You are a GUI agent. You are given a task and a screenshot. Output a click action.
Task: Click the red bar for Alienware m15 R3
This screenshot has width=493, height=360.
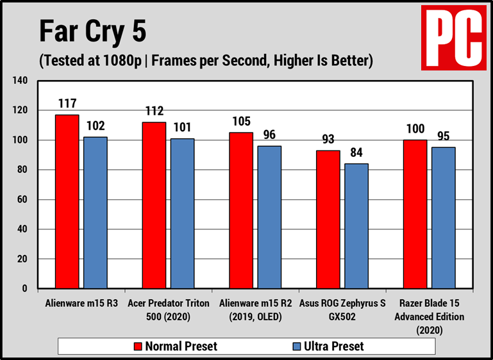[67, 201]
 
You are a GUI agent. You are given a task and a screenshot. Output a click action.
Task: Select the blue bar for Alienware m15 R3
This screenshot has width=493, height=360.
[96, 213]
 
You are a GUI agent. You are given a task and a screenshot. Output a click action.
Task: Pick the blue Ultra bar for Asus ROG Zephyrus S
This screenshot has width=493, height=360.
[356, 226]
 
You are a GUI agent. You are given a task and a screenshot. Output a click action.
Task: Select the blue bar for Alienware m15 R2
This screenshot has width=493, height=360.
[269, 217]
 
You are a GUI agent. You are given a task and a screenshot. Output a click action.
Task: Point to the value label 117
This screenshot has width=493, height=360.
[67, 102]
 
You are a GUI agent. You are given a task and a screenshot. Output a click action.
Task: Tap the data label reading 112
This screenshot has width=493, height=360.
[155, 110]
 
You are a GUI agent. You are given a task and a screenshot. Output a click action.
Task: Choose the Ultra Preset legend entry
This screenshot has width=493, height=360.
[328, 347]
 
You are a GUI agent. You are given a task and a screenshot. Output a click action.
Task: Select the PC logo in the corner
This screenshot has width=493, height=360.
[453, 37]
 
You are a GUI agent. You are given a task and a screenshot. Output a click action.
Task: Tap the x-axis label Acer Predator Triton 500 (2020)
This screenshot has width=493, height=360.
[169, 309]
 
